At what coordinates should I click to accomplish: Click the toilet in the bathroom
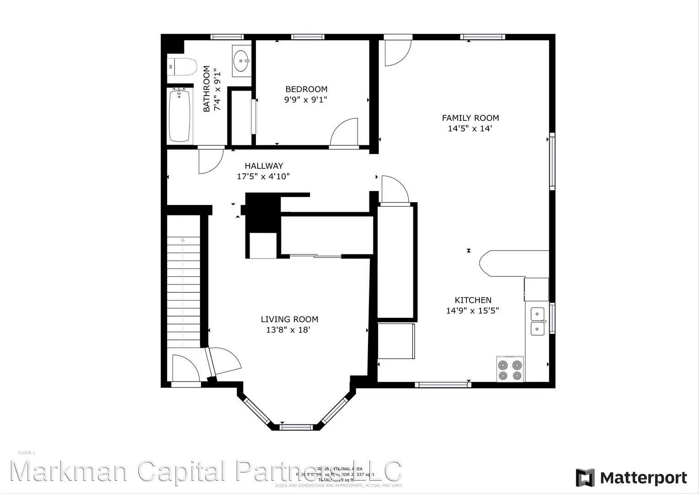pyautogui.click(x=182, y=67)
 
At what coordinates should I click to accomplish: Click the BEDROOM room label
pyautogui.click(x=306, y=89)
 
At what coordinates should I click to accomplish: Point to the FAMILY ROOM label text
pyautogui.click(x=470, y=118)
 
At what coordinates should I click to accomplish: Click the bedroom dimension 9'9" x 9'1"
pyautogui.click(x=306, y=100)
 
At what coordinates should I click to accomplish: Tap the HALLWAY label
pyautogui.click(x=264, y=166)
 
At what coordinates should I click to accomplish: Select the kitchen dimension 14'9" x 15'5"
pyautogui.click(x=472, y=311)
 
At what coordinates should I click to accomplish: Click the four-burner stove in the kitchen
pyautogui.click(x=510, y=370)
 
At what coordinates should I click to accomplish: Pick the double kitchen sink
pyautogui.click(x=537, y=321)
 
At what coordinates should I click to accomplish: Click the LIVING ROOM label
pyautogui.click(x=289, y=319)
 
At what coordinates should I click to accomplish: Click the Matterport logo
pyautogui.click(x=631, y=478)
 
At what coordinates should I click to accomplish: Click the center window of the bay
pyautogui.click(x=296, y=427)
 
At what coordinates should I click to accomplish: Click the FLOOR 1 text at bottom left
pyautogui.click(x=27, y=453)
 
